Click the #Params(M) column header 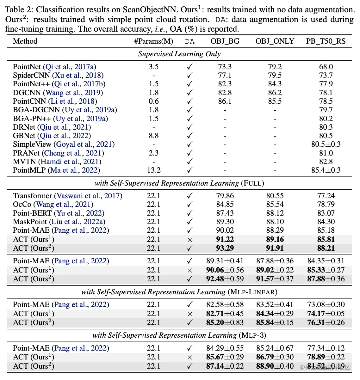coord(153,41)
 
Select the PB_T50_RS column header coord(326,41)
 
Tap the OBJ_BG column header coord(225,41)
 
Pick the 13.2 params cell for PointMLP coord(154,170)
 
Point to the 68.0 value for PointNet coord(326,67)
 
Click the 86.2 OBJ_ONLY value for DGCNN coord(275,93)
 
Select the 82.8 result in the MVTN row coord(326,162)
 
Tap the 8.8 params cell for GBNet coord(154,136)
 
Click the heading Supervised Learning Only coord(179,54)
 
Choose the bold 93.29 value coord(225,248)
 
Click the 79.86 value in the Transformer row coord(225,196)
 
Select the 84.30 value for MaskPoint coord(326,222)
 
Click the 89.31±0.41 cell coord(225,261)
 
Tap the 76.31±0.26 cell coord(326,323)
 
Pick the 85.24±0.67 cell coord(275,348)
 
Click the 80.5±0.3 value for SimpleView coord(326,144)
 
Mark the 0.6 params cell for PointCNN coord(154,101)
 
